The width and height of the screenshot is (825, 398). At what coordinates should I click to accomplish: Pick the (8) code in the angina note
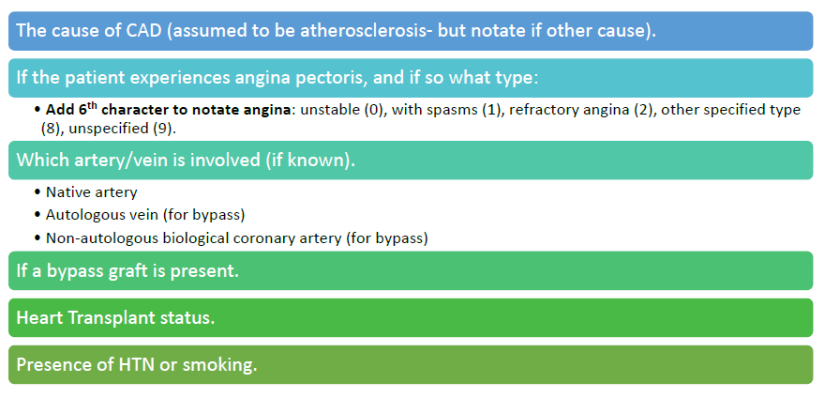50,130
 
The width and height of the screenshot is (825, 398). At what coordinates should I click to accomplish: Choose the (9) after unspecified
162,130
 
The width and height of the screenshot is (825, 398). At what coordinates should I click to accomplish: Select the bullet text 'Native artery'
92,192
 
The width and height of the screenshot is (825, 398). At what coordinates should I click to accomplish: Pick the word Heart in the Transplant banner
40,318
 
